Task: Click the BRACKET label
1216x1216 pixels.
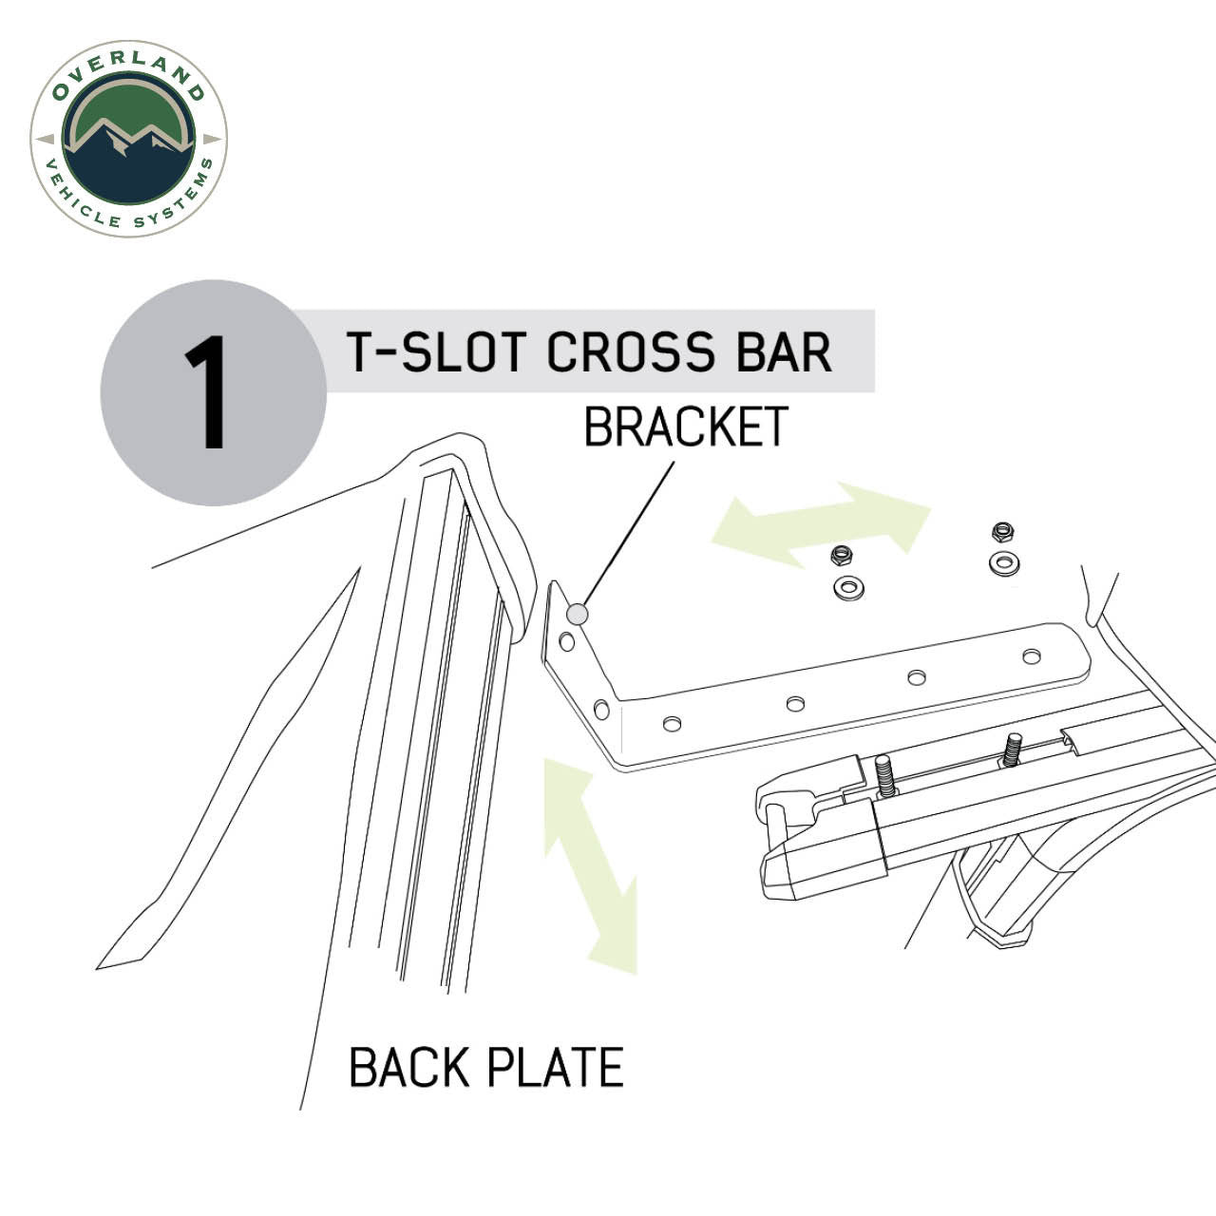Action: (685, 427)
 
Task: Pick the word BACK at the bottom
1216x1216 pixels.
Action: (410, 1067)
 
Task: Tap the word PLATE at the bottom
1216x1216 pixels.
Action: (556, 1067)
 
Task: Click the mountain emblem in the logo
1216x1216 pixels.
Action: (128, 142)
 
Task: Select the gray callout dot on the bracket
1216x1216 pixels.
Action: (577, 615)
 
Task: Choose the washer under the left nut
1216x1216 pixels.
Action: (847, 587)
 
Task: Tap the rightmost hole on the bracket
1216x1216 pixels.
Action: (1032, 655)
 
